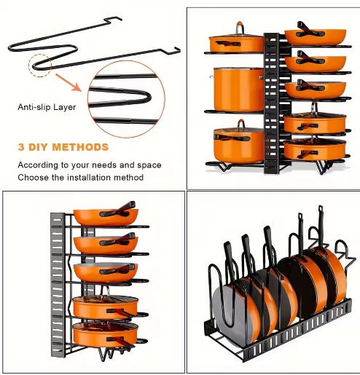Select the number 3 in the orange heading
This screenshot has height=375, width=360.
21,147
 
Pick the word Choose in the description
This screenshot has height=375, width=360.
34,177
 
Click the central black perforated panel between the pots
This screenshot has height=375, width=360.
271,102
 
